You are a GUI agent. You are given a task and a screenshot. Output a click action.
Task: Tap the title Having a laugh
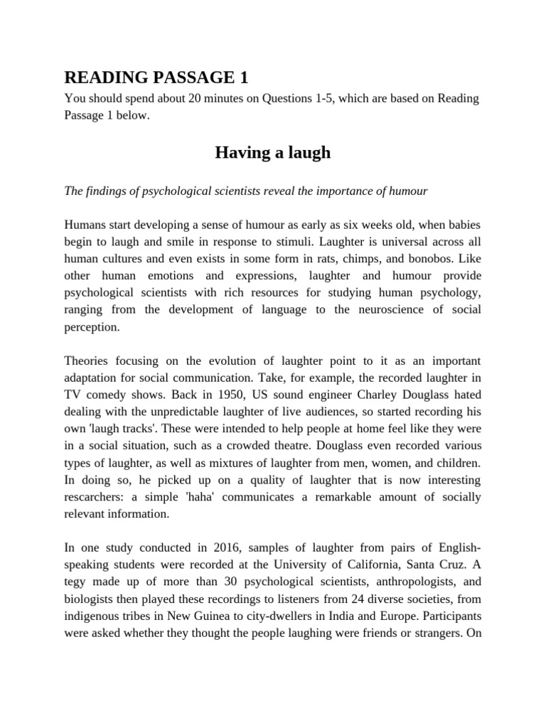[x=273, y=152]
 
